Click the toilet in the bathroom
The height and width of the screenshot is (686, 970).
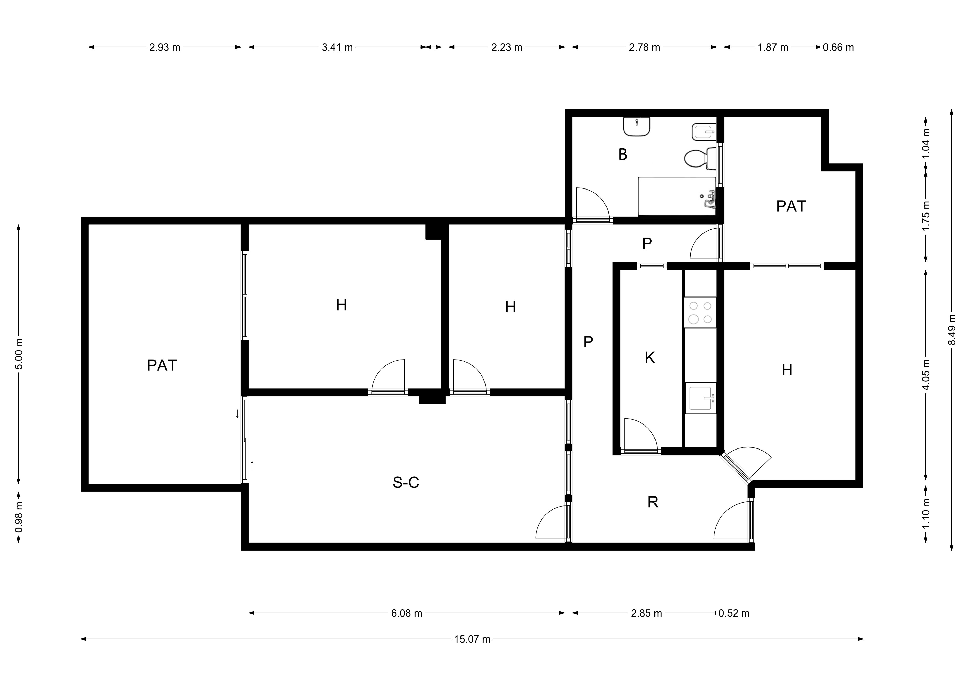click(x=700, y=158)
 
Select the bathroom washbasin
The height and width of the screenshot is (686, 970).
click(x=637, y=127)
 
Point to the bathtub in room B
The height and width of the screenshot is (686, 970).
click(x=677, y=196)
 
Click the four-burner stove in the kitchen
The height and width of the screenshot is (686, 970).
click(x=700, y=312)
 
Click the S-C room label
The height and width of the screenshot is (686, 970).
click(x=406, y=482)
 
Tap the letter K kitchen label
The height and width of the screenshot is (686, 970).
click(x=650, y=358)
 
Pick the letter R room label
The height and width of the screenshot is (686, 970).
click(x=653, y=502)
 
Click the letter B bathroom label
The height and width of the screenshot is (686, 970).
click(x=623, y=155)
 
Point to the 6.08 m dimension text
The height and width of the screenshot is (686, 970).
click(x=406, y=613)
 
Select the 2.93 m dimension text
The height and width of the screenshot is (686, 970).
click(x=165, y=47)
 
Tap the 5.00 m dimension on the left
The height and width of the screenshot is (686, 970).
click(x=19, y=354)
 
